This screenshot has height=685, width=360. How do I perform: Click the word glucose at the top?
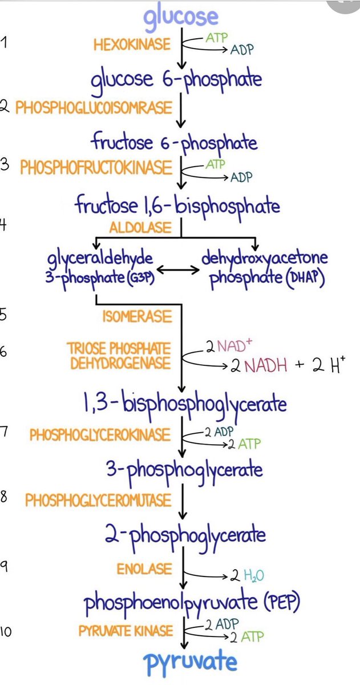click(x=181, y=17)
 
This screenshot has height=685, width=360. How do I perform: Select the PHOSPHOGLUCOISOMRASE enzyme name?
click(x=93, y=108)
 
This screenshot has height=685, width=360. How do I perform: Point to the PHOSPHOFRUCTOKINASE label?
click(x=96, y=167)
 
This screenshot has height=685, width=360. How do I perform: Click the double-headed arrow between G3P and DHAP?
click(x=178, y=268)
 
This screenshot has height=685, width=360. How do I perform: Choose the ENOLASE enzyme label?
click(x=144, y=569)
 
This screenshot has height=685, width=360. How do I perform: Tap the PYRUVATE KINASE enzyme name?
click(x=126, y=631)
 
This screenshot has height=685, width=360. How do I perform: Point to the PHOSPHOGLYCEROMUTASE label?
click(x=98, y=501)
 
